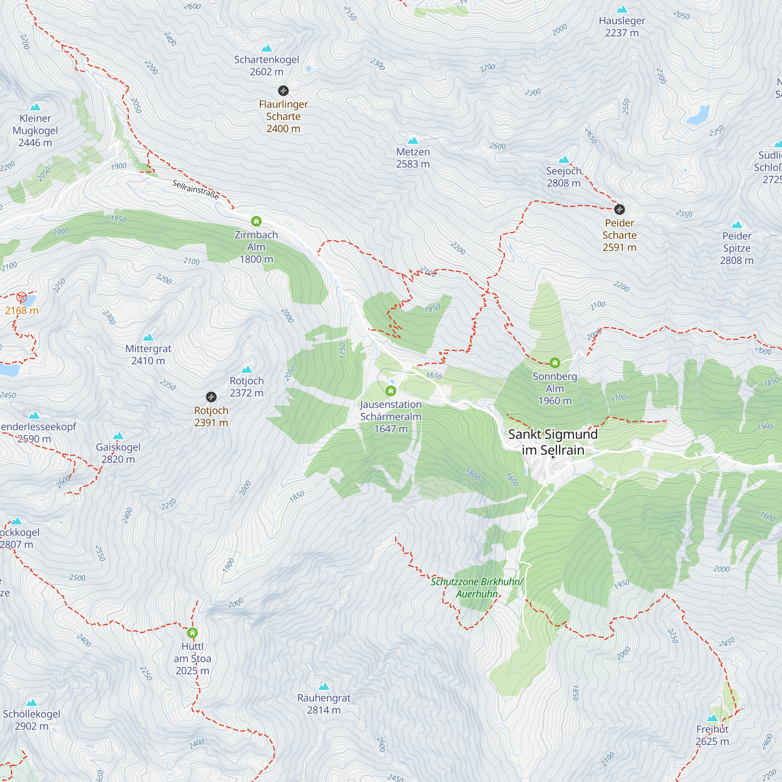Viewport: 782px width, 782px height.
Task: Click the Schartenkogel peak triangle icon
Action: point(266,48)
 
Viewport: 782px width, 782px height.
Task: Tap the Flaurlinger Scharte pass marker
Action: point(283,90)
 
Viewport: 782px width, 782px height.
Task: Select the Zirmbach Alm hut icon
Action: point(256,221)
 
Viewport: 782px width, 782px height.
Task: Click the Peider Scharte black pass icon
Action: point(619,209)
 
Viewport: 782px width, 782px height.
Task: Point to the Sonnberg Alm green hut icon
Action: point(554,362)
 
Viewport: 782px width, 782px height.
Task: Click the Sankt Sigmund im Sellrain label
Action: point(552,441)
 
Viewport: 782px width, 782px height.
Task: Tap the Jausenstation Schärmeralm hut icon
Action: point(391,391)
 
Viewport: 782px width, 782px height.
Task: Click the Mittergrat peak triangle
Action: point(148,337)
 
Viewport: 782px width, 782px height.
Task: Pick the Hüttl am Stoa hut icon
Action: point(193,633)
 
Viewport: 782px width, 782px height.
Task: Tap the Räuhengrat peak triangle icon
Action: point(324,687)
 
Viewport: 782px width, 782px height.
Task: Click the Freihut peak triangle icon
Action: point(712,718)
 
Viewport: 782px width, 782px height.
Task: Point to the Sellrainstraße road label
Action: point(196,189)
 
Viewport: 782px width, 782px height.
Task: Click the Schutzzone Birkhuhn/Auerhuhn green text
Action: point(477,588)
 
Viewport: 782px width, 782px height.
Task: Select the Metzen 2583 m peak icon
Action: point(413,140)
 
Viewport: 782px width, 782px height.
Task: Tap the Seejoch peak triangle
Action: point(563,160)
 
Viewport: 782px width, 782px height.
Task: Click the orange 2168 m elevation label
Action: point(22,310)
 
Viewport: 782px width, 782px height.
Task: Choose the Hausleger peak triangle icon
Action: point(622,9)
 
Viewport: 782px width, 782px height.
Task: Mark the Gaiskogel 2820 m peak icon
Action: point(118,436)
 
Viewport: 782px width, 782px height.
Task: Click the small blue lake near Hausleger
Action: point(699,115)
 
